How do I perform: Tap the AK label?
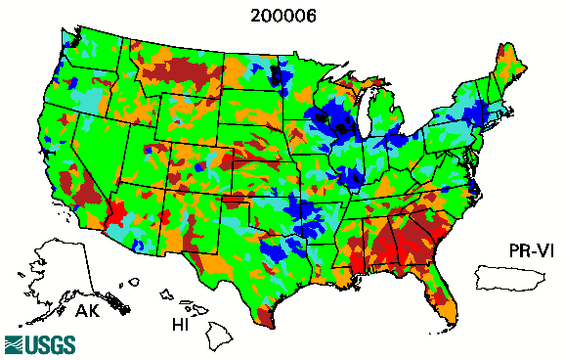point(87,312)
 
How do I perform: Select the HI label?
point(181,322)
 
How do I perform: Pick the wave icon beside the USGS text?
point(15,344)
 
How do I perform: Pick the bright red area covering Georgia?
point(411,240)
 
